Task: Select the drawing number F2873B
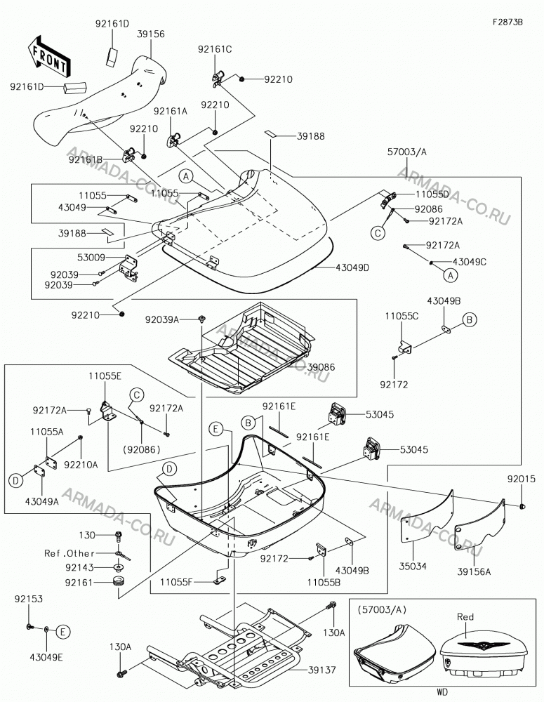[x=507, y=22]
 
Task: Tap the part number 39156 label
[x=151, y=34]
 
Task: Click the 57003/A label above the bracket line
[x=406, y=152]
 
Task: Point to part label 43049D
[x=353, y=267]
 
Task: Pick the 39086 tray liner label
[x=321, y=367]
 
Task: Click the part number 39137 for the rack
[x=322, y=670]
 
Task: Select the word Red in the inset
[x=465, y=617]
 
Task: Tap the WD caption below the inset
[x=442, y=693]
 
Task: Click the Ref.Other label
[x=69, y=553]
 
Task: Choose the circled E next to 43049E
[x=63, y=632]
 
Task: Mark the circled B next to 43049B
[x=470, y=319]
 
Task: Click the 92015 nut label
[x=521, y=479]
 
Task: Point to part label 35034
[x=413, y=567]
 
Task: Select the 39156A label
[x=474, y=571]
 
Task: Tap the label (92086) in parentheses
[x=142, y=449]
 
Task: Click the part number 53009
[x=91, y=258]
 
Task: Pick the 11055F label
[x=176, y=582]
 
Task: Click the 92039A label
[x=161, y=319]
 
